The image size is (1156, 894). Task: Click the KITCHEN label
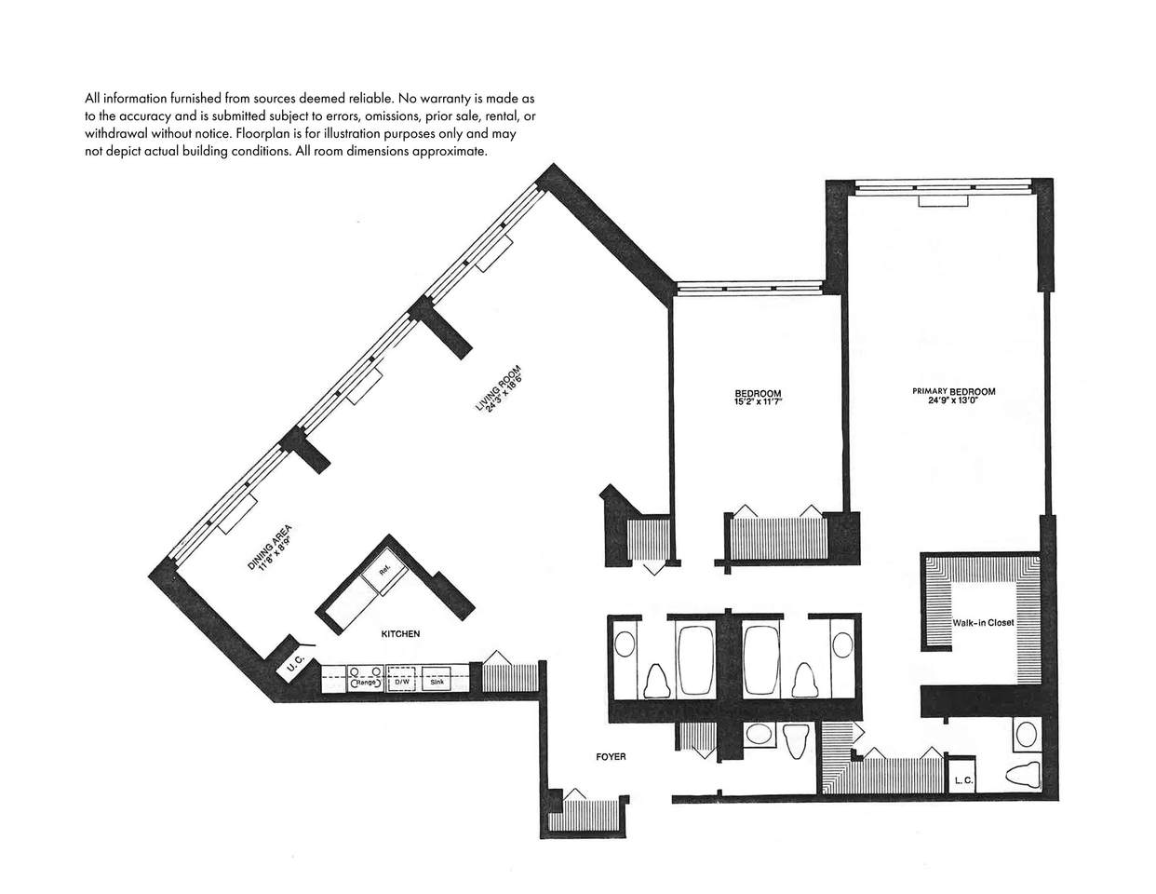[x=400, y=634]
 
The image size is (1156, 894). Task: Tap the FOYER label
[x=611, y=756]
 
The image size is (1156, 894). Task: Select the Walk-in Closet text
[x=983, y=622]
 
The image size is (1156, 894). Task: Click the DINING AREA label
[x=269, y=547]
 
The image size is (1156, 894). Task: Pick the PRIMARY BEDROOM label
[x=954, y=391]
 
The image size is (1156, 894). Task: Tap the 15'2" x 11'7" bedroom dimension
[x=758, y=401]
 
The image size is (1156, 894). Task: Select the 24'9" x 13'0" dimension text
[x=954, y=400]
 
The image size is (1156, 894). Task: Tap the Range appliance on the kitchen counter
[x=366, y=679]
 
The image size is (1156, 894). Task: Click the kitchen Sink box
[x=437, y=679]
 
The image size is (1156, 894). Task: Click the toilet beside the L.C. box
[x=1023, y=774]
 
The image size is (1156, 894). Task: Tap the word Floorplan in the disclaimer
[x=259, y=133]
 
